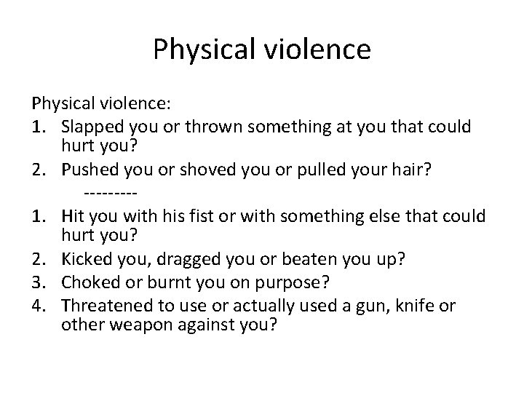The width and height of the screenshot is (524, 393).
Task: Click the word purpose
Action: point(285,282)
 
